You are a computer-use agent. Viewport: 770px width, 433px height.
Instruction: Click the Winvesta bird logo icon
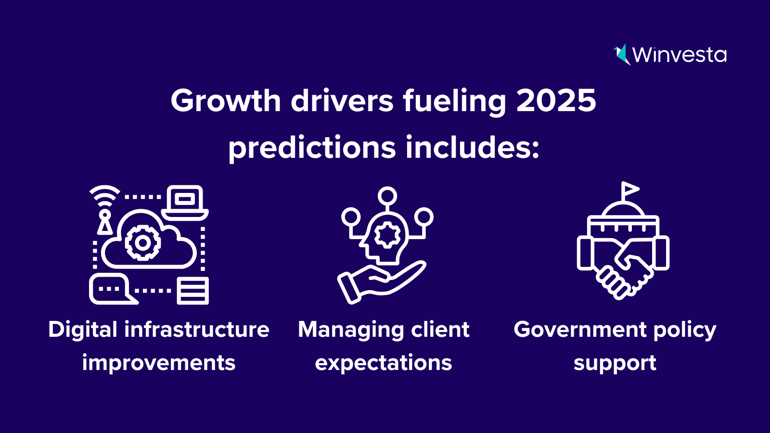622,55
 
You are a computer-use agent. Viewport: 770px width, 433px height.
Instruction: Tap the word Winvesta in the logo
679,55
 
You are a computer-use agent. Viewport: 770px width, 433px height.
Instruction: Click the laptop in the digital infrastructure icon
185,203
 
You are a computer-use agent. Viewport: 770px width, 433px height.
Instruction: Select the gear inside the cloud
142,243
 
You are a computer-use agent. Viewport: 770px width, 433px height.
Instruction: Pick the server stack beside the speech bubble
192,291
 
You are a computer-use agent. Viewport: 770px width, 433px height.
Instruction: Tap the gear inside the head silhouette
387,235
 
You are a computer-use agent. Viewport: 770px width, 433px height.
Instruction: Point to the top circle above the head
387,196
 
